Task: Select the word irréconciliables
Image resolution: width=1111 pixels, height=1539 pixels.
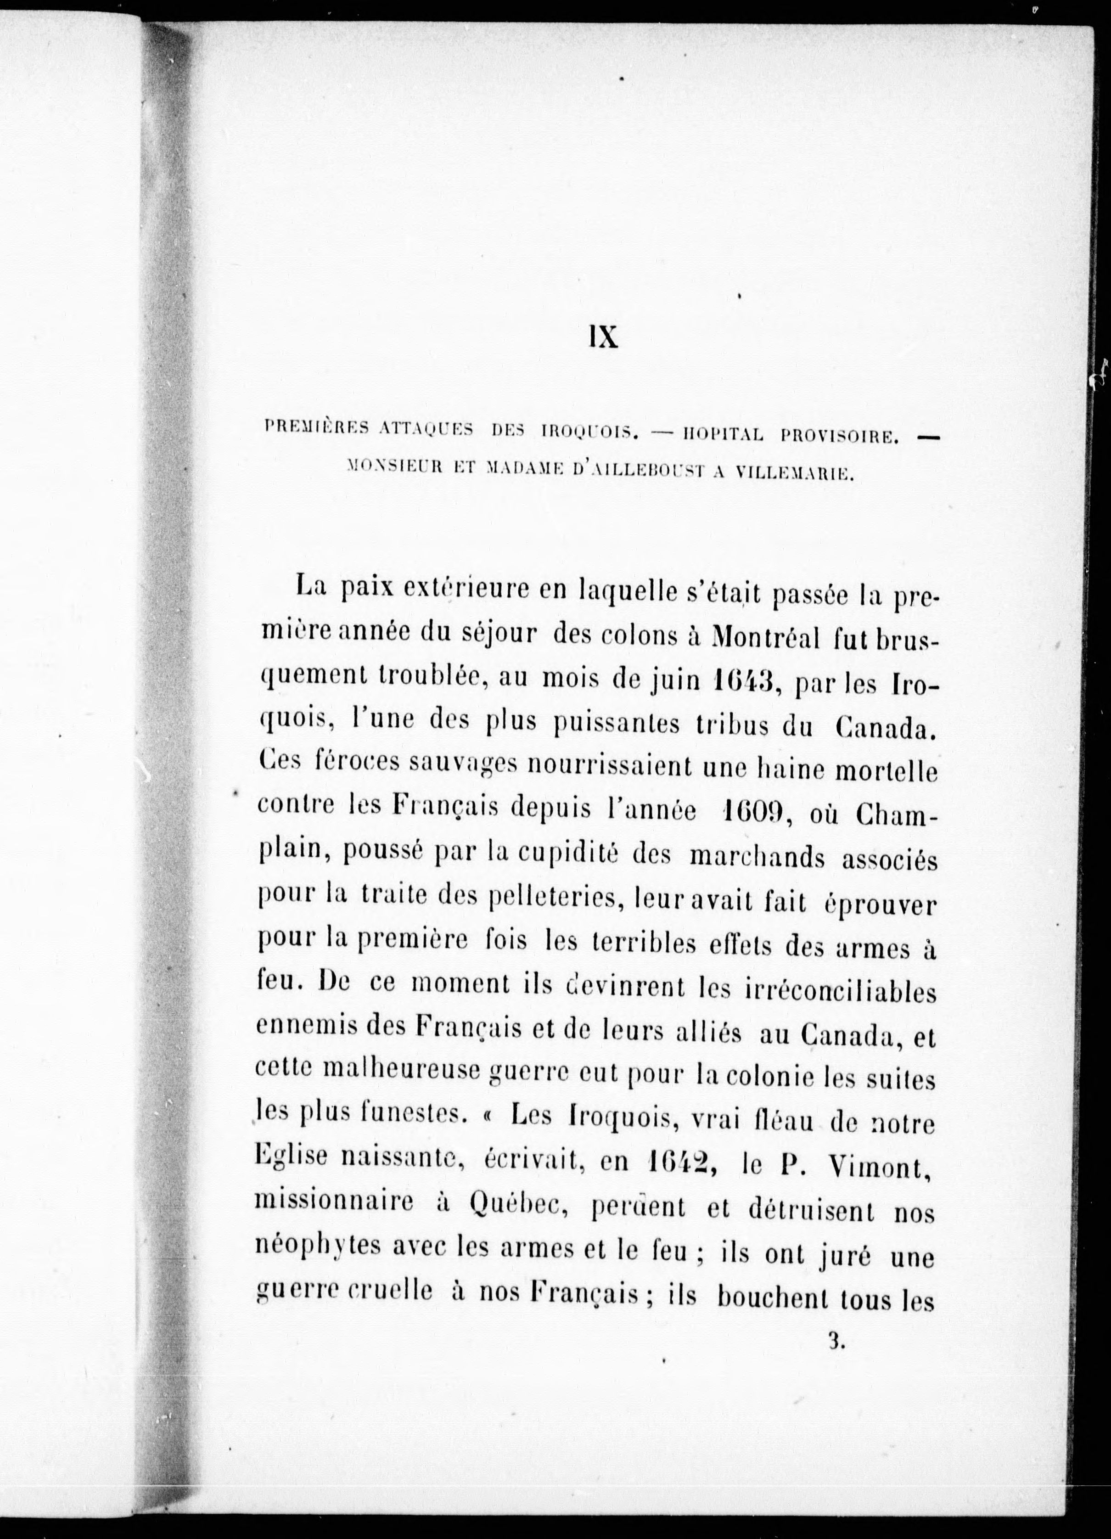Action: click(834, 991)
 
